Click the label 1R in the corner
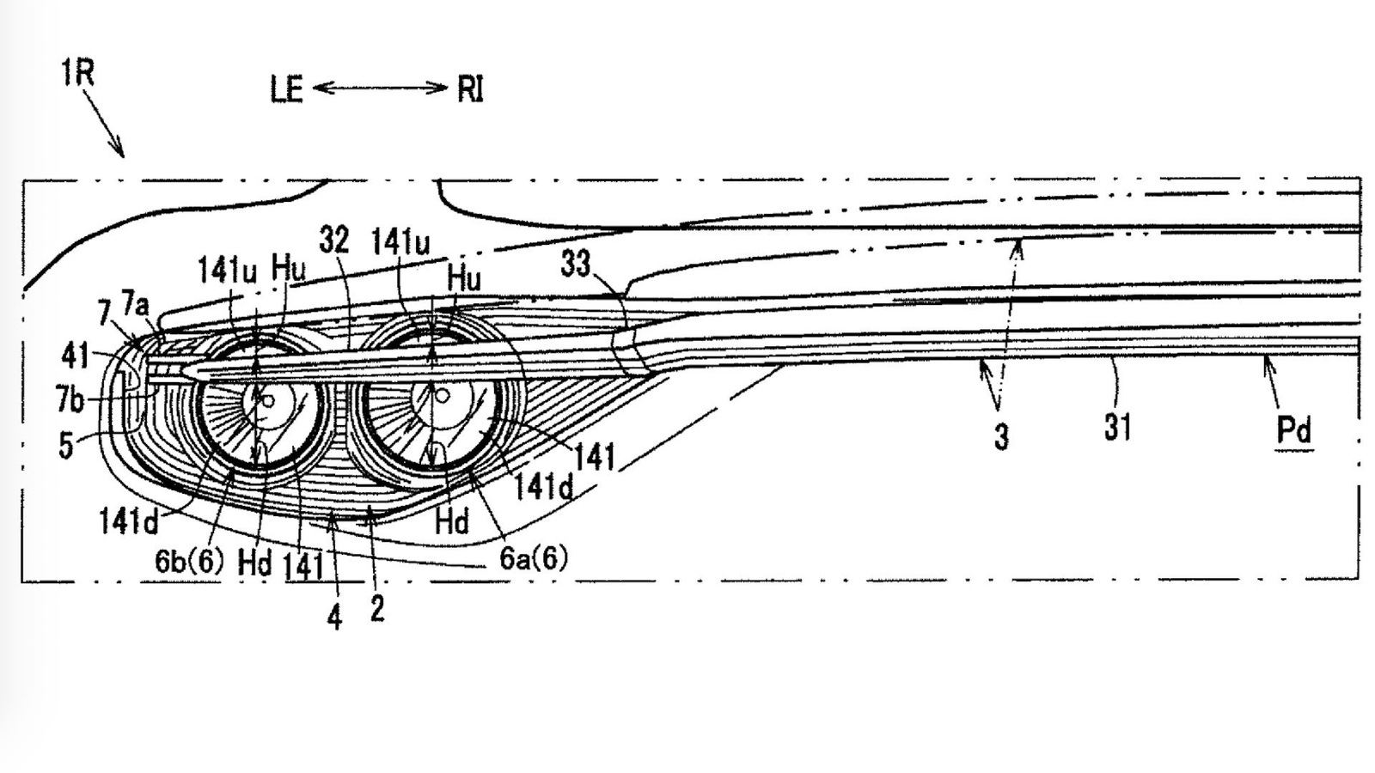click(77, 73)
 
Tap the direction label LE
click(287, 90)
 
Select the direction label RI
click(470, 89)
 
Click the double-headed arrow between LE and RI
click(381, 88)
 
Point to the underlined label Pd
click(1293, 430)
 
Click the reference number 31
click(1117, 426)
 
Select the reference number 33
click(575, 264)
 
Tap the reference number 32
click(334, 240)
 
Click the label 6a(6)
click(534, 557)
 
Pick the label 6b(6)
click(189, 561)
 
